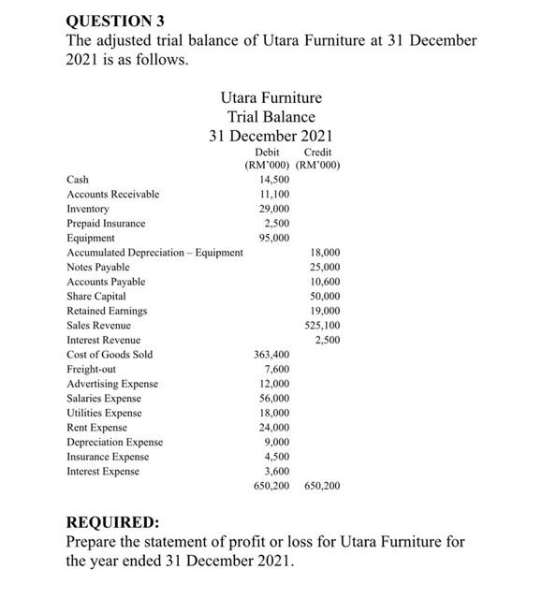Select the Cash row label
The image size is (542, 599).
point(78,179)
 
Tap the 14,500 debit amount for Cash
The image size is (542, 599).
point(274,179)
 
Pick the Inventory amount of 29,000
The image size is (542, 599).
point(274,209)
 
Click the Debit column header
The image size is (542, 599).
point(268,152)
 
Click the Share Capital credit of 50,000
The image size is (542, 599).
point(325,296)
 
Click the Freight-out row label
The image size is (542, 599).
point(92,369)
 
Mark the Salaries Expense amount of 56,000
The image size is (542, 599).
point(274,398)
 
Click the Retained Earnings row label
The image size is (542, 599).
point(107,310)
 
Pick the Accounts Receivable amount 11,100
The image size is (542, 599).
point(274,194)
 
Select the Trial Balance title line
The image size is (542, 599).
point(271,117)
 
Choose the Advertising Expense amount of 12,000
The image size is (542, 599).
point(274,384)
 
